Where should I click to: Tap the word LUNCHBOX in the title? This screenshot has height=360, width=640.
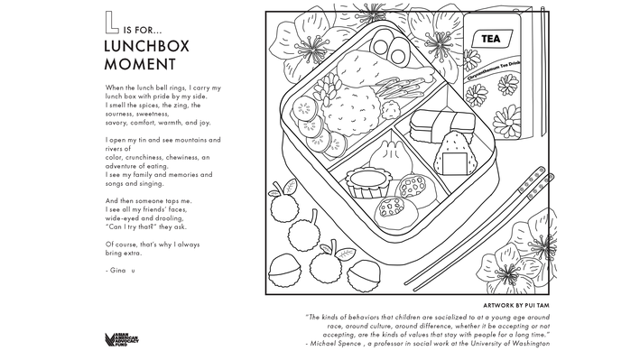147,46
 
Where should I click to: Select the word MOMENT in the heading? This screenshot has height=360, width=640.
140,64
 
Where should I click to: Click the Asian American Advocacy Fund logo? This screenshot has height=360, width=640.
122,339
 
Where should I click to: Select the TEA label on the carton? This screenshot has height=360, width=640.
492,39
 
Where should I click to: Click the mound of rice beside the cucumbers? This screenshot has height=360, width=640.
350,110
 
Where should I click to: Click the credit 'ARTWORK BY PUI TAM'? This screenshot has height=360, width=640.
516,305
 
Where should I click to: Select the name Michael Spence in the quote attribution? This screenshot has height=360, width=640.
335,344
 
